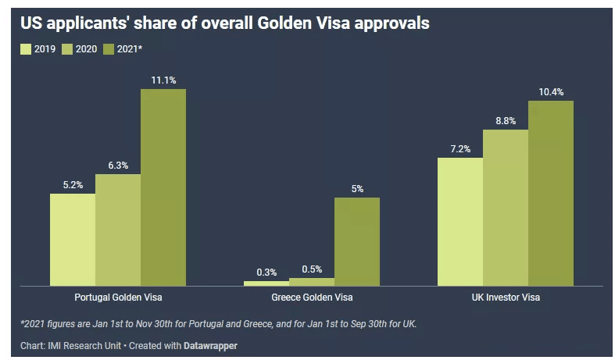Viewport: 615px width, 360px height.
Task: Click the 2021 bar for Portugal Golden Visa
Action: point(163,187)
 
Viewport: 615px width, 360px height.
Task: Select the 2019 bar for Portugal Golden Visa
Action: point(73,239)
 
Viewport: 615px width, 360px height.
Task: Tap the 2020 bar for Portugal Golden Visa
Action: point(118,230)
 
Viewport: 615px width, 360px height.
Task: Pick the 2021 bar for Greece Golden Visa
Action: point(357,241)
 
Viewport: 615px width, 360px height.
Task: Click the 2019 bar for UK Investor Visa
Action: point(460,222)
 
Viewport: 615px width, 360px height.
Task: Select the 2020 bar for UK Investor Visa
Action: point(506,208)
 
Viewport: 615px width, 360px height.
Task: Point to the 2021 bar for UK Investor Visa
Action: point(551,193)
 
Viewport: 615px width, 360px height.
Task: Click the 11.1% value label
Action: point(164,80)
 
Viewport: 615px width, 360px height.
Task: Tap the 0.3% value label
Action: point(266,273)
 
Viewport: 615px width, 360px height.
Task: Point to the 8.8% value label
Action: point(506,121)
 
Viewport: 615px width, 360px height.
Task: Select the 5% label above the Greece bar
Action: point(357,189)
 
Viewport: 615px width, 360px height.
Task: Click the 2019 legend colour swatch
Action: point(26,48)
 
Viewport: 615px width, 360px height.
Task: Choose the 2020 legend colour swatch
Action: point(67,48)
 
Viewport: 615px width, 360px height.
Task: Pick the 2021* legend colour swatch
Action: point(109,48)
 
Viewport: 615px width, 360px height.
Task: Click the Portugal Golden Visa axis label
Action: point(118,298)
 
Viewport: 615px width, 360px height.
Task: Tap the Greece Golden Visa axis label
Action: point(312,298)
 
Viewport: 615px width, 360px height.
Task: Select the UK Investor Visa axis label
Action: point(506,298)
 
